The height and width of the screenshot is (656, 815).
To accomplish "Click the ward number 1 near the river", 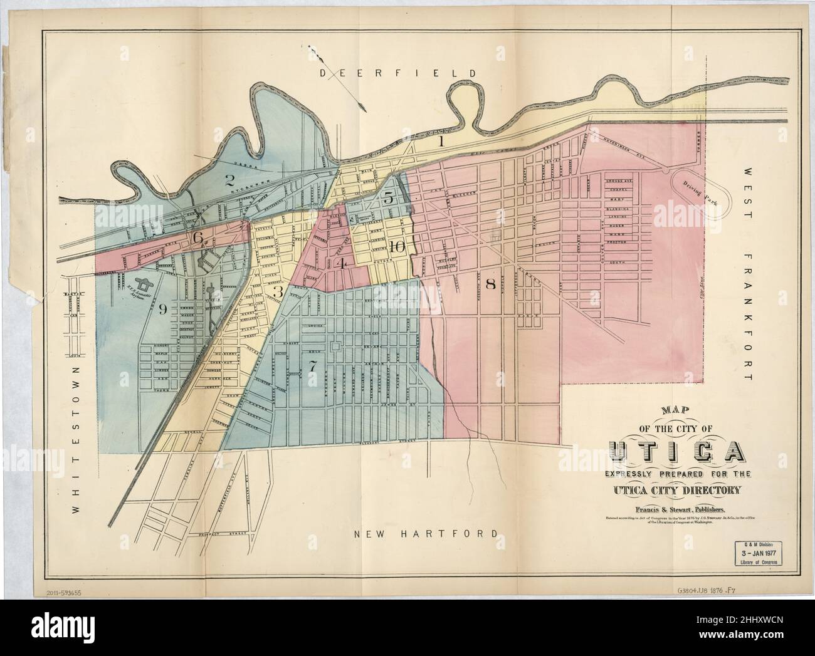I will point(441,142).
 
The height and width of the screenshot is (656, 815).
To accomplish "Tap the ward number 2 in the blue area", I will point(230,180).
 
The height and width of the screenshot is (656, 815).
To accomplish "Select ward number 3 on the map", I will point(278,292).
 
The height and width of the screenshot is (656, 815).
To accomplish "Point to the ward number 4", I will point(342,263).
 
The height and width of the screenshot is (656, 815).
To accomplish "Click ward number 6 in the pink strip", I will point(198,237).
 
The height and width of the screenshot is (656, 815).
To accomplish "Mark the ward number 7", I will point(312,367).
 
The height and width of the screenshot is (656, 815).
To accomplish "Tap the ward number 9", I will point(163,308).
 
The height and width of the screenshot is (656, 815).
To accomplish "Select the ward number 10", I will point(396,246).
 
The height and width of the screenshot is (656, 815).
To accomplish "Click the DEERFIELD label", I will point(399,74).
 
